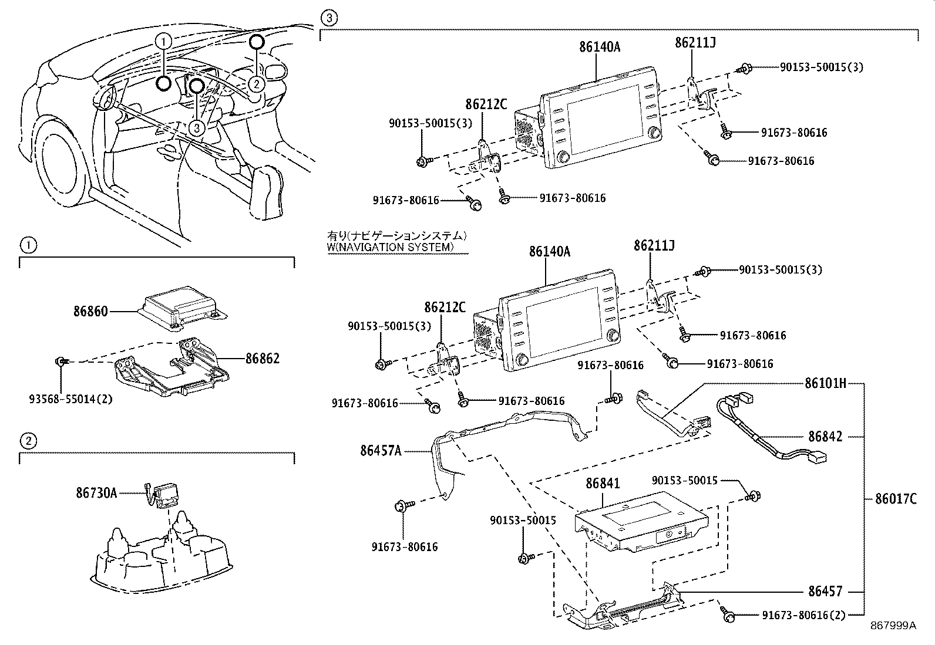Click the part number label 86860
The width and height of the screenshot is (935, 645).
[90, 312]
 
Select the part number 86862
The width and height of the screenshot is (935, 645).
[263, 359]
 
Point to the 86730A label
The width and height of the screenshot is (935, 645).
[96, 493]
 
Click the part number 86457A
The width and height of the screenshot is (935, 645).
[381, 451]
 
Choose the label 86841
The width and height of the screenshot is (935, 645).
[603, 484]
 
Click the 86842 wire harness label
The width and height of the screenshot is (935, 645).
[825, 437]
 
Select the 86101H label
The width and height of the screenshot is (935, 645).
[825, 384]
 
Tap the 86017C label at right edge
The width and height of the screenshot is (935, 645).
[896, 499]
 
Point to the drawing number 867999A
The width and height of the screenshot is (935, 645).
[893, 626]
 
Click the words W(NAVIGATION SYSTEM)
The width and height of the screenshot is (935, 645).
[390, 247]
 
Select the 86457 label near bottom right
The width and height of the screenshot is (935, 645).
[825, 591]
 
